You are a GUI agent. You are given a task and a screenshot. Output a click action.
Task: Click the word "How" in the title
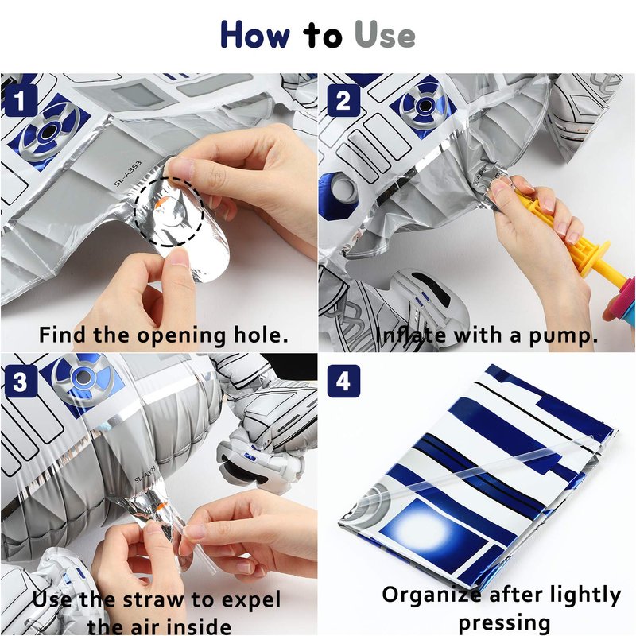(255, 35)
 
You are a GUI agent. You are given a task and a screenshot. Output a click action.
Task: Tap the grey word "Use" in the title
(385, 35)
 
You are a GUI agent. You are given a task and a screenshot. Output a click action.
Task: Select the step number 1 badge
(20, 100)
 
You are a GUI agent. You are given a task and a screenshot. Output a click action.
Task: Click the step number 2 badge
(343, 100)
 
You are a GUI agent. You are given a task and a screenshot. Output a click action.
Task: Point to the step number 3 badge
(20, 382)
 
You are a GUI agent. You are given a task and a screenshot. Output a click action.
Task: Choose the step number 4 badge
(343, 382)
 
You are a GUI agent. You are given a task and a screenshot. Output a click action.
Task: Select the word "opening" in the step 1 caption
(181, 336)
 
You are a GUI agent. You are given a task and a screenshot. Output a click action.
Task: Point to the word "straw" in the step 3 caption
(153, 599)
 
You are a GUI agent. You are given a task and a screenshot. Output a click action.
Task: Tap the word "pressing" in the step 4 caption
(504, 622)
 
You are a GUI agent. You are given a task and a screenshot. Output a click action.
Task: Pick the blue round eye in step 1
(48, 130)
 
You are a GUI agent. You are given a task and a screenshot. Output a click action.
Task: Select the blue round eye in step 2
(425, 106)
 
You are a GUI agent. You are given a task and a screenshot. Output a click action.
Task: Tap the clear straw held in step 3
(196, 544)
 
